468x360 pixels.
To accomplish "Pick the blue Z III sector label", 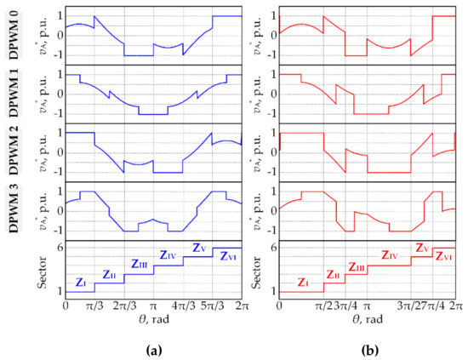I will [x=138, y=265].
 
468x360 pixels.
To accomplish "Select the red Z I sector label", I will [x=301, y=282].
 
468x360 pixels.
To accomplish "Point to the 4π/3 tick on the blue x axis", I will [x=183, y=303].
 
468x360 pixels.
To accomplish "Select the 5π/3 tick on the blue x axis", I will [x=213, y=303].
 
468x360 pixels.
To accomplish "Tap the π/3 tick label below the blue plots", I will [x=94, y=303].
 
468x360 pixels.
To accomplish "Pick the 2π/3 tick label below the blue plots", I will [x=124, y=303].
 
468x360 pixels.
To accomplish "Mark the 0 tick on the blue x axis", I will [x=66, y=303].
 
